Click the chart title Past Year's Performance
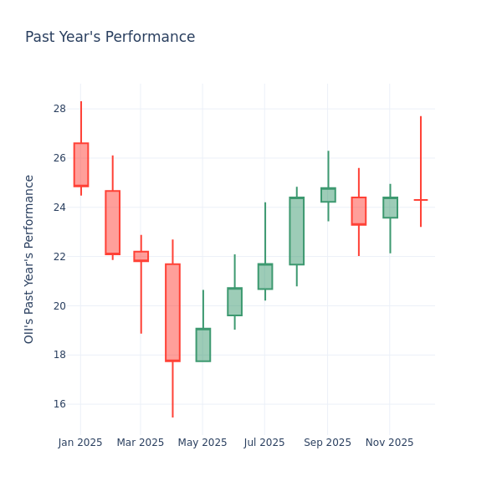coord(110,38)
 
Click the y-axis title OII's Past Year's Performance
coord(29,259)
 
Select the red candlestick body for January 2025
coord(81,164)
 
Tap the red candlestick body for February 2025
coord(112,222)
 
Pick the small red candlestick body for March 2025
coord(141,256)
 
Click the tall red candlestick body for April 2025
coord(172,312)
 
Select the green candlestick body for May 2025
coord(203,345)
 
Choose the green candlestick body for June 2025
coord(234,301)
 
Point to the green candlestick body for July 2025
coord(265,276)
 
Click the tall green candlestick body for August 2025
coord(296,231)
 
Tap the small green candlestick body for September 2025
coord(328,195)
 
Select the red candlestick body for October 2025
coord(358,211)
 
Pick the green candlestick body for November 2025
coord(390,207)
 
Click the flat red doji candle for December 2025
coord(421,200)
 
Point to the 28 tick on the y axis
coord(60,109)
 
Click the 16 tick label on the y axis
coord(60,404)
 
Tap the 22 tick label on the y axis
coord(60,257)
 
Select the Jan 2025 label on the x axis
coord(80,443)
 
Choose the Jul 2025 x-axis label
coord(264,443)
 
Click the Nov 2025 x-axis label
coord(390,443)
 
